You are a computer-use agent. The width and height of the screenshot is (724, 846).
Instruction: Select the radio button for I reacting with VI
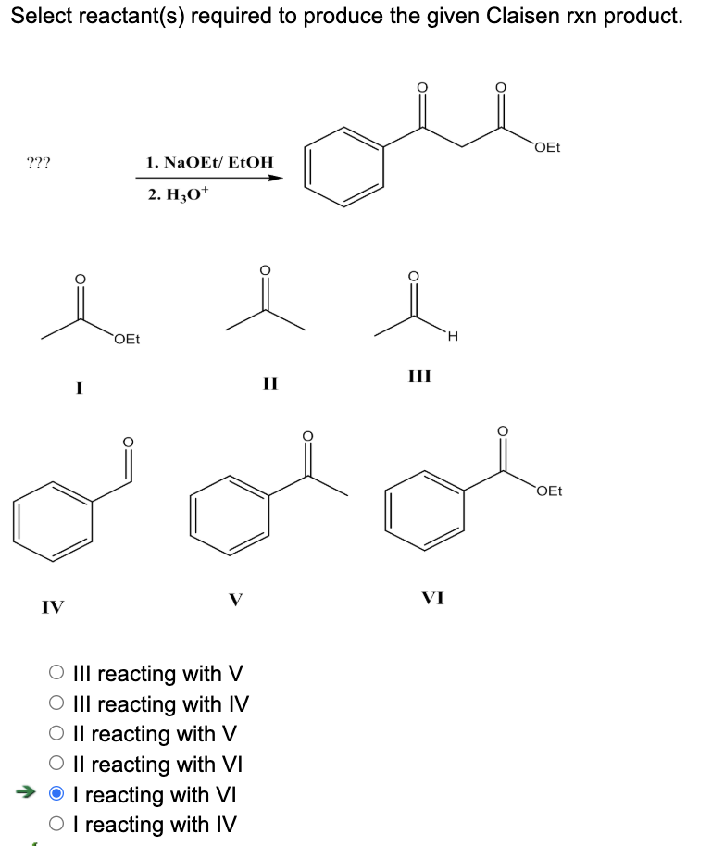(56, 793)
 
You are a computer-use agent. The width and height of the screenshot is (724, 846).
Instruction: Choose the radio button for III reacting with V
(56, 672)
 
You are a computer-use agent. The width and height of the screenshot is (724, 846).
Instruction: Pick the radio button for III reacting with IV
(56, 703)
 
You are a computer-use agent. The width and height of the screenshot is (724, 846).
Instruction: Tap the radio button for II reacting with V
(56, 733)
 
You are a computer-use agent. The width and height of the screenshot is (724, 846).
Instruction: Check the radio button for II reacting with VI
(56, 763)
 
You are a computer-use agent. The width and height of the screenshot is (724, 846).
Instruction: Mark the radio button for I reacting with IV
(56, 824)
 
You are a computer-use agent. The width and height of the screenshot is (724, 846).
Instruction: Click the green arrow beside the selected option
(25, 792)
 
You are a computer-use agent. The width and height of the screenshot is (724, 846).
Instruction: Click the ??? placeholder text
(38, 162)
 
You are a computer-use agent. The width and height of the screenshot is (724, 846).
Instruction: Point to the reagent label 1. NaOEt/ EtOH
(210, 162)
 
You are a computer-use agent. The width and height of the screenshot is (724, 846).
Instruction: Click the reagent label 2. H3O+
(178, 193)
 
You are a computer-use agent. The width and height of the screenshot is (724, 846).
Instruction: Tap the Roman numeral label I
(80, 388)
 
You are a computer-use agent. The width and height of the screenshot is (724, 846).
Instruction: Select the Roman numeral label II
(270, 383)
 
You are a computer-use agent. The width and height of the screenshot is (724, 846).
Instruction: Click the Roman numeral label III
(419, 376)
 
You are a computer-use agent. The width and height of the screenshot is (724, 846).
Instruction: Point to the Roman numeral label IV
(53, 607)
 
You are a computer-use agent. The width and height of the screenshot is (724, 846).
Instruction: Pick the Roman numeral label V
(236, 600)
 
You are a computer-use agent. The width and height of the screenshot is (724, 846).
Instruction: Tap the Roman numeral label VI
(432, 598)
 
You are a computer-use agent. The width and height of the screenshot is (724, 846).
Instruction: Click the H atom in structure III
(453, 337)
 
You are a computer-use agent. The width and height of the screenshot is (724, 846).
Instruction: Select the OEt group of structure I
(127, 339)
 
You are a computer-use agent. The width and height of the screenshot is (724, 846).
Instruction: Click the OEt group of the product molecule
(547, 147)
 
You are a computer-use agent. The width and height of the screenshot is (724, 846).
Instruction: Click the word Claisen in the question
(523, 16)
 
